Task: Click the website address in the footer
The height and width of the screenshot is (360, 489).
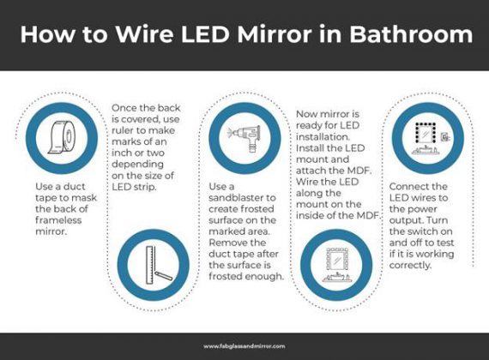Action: click(x=244, y=346)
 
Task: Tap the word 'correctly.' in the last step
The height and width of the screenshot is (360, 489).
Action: click(x=411, y=266)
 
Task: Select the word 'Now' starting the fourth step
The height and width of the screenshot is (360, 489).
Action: click(x=306, y=113)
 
